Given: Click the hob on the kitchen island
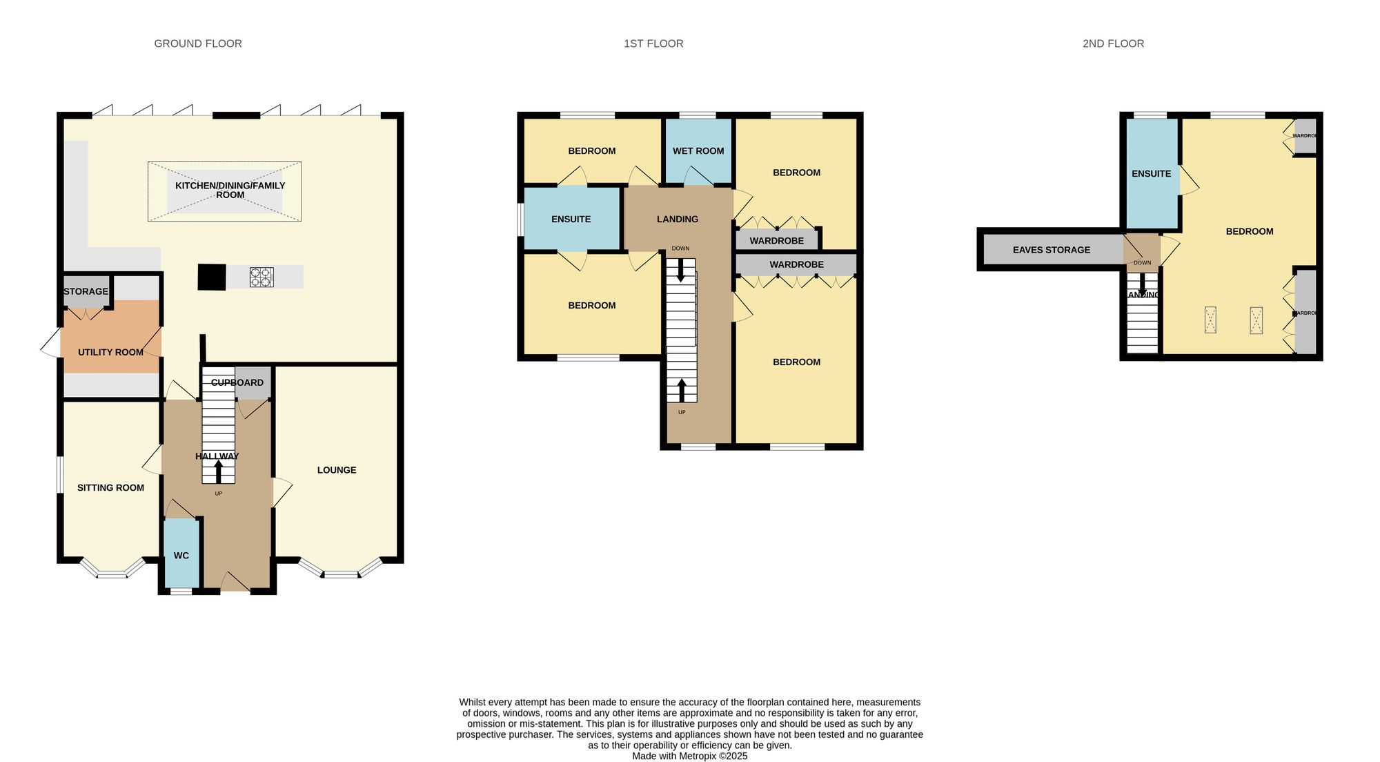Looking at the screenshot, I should pos(262,277).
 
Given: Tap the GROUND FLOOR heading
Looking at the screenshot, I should pos(198,43).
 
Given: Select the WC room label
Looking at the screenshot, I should pos(181,556).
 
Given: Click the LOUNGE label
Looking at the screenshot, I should pos(337,470).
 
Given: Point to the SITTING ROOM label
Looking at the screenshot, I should pos(110,488).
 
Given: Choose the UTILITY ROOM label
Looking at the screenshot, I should pos(110,352).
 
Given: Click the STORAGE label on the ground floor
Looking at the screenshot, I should pos(86,291).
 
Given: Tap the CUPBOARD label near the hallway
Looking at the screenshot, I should pos(237,382).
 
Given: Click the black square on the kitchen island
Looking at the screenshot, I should pos(212,277).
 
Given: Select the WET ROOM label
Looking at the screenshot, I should pos(698,151).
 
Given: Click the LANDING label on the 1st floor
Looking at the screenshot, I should pos(678,219).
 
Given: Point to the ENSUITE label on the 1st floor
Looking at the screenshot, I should pos(571,219).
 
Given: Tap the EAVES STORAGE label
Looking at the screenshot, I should pos(1052,250).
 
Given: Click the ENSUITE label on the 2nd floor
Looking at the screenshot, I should pos(1152,174).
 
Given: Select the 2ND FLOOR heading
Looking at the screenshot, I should pos(1113,43).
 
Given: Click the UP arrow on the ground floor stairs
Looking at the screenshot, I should pos(219,472).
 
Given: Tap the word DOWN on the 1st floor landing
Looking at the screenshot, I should pos(680,248).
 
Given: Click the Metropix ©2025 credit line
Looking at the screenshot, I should pos(689,756).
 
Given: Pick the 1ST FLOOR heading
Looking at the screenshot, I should pos(653,43).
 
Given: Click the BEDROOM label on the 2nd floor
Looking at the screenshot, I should pos(1250,232).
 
